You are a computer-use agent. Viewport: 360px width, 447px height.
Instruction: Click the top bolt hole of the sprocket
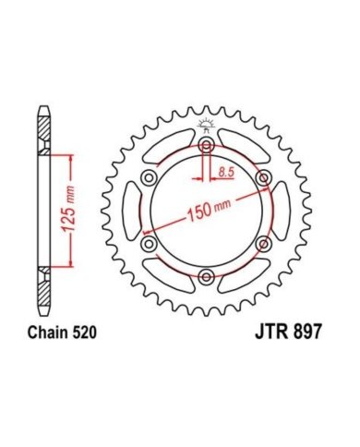pyautogui.click(x=206, y=148)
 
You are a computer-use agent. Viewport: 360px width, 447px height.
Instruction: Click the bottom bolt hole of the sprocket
pyautogui.click(x=206, y=276)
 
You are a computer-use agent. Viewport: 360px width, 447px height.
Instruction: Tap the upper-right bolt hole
pyautogui.click(x=262, y=179)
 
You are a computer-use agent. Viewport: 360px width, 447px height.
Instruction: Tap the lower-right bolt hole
pyautogui.click(x=262, y=244)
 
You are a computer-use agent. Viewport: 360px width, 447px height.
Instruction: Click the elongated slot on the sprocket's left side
pyautogui.click(x=136, y=211)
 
